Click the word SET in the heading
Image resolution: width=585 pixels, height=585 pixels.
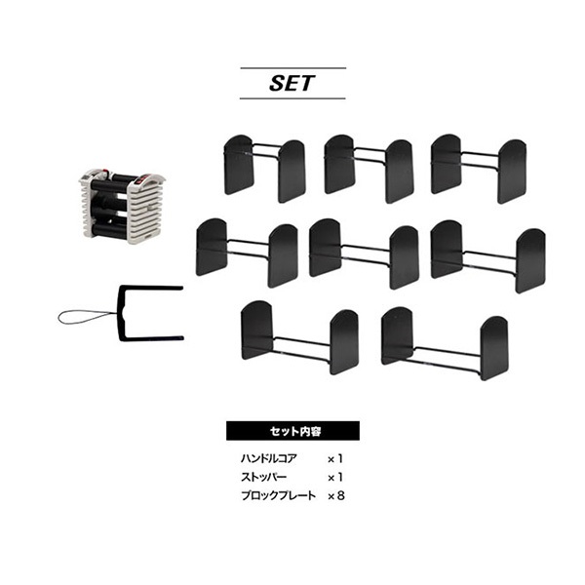[292, 83]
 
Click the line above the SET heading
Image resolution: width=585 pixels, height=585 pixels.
[292, 68]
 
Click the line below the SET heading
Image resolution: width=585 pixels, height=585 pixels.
[292, 98]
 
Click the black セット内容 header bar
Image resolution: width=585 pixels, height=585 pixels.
[292, 431]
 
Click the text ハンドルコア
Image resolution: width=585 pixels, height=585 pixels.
[269, 458]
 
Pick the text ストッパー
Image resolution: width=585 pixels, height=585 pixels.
[264, 477]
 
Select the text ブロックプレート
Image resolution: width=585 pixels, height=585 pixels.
[278, 496]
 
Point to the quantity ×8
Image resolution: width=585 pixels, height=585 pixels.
[335, 496]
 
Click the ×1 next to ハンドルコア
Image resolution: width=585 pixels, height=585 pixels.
[335, 459]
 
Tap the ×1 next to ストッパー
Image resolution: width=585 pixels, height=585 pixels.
[335, 478]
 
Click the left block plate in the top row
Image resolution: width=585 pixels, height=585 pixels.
[264, 169]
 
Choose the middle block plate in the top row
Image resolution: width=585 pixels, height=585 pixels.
[369, 169]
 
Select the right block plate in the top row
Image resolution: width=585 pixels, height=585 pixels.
[479, 169]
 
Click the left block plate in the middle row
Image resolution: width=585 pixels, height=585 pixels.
[247, 253]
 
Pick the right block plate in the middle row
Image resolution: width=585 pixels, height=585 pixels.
[488, 256]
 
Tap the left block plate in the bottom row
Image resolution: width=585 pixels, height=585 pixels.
[299, 337]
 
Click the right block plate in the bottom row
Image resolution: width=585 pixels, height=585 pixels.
[445, 343]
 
